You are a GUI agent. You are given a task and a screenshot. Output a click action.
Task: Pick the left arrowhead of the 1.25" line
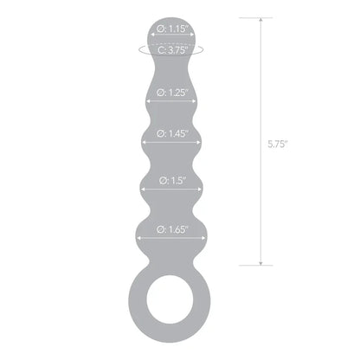coord(149,90)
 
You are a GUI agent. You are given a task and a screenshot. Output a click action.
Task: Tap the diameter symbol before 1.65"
coord(160,229)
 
